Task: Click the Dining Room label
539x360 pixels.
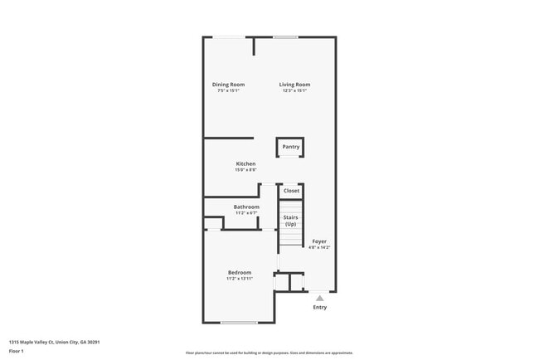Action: coord(228,85)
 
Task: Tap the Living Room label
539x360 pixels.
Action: coord(294,85)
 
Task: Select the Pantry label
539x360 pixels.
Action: coord(290,147)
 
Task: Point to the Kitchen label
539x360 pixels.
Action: coord(245,164)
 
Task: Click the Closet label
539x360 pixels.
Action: coord(291,191)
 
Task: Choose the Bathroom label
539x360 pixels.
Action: coord(246,207)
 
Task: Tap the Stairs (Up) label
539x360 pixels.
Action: coord(290,221)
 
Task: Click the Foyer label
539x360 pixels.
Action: coord(319,241)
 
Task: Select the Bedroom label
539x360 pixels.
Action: coord(240,272)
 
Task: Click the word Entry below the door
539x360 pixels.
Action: coord(319,307)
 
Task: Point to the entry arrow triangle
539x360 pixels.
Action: coord(319,297)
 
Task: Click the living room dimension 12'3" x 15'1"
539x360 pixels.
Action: coord(294,91)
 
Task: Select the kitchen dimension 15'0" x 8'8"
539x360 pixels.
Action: coord(245,171)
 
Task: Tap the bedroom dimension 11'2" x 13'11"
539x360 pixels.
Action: coord(240,279)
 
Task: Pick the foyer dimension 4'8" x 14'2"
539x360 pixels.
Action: coord(319,247)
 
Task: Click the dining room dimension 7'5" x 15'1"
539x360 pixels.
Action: coord(228,91)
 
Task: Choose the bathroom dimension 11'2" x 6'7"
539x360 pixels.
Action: coord(246,213)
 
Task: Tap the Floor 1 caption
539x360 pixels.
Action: coord(17,351)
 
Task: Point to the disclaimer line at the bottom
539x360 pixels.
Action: coord(269,353)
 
